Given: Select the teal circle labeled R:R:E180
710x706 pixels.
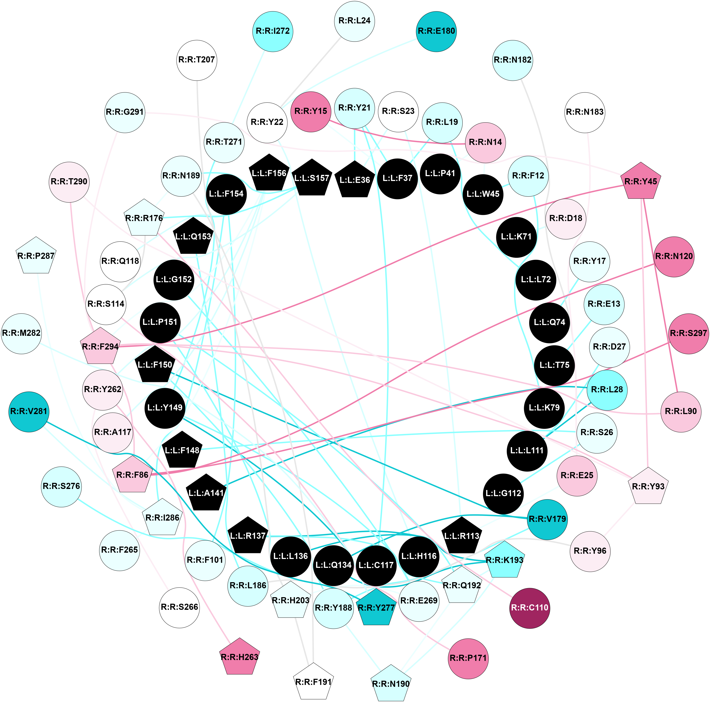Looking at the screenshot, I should tap(436, 31).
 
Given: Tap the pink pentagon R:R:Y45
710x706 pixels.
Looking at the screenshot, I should tap(641, 181).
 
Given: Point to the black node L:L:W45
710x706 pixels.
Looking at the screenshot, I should tap(483, 194).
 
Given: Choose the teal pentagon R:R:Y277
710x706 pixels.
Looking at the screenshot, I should tap(376, 607).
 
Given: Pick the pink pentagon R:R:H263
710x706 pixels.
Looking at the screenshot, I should tap(240, 657).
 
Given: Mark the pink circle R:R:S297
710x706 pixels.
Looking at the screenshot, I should tap(688, 333).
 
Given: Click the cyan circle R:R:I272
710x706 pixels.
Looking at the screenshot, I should tap(273, 31).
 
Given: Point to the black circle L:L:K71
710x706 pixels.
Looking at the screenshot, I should tap(516, 237).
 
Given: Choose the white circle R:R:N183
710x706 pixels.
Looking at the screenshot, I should tap(584, 112).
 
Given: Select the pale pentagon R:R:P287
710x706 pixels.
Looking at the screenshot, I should tap(36, 256).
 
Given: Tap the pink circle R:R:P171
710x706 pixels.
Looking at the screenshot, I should tap(468, 658).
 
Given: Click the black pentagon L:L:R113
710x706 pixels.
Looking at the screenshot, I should tap(462, 536).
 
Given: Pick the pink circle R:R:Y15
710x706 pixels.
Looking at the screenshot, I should tap(311, 112).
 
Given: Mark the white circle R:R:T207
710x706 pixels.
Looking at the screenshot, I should tap(197, 60).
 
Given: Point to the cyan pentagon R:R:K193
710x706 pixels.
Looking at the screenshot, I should tap(504, 560).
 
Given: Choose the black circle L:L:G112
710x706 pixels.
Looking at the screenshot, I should tap(503, 493).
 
